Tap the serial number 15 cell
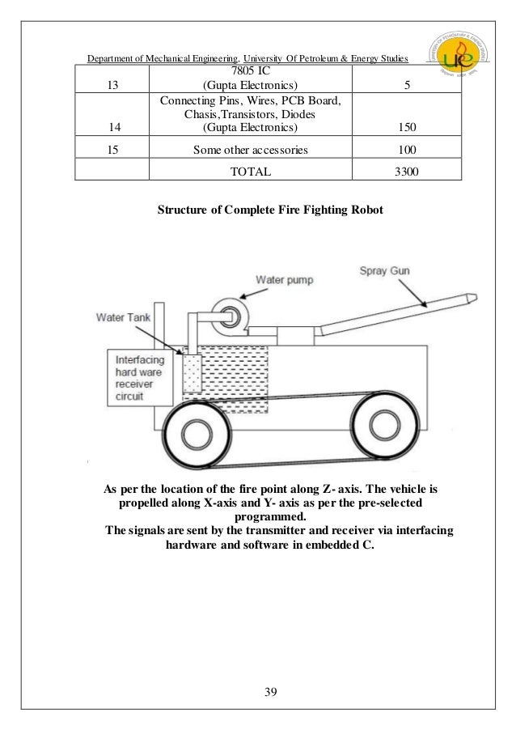coord(111,150)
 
